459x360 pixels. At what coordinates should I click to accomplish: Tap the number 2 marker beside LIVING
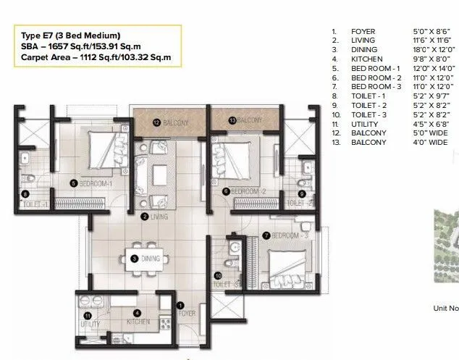point(145,217)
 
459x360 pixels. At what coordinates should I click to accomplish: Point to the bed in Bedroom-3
point(288,264)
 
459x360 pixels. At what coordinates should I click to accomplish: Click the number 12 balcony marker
point(156,123)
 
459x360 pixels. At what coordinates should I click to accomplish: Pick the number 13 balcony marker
point(232,120)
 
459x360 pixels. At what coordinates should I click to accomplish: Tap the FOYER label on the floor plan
point(188,314)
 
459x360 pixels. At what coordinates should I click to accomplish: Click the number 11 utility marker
point(88,315)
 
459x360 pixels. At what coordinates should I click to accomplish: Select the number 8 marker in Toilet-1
point(25,193)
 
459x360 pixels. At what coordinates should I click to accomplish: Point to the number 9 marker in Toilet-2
point(301,193)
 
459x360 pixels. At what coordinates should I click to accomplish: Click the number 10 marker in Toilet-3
point(217,275)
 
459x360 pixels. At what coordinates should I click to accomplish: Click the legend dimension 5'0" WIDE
point(427,133)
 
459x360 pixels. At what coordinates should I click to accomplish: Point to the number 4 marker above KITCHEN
point(137,313)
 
